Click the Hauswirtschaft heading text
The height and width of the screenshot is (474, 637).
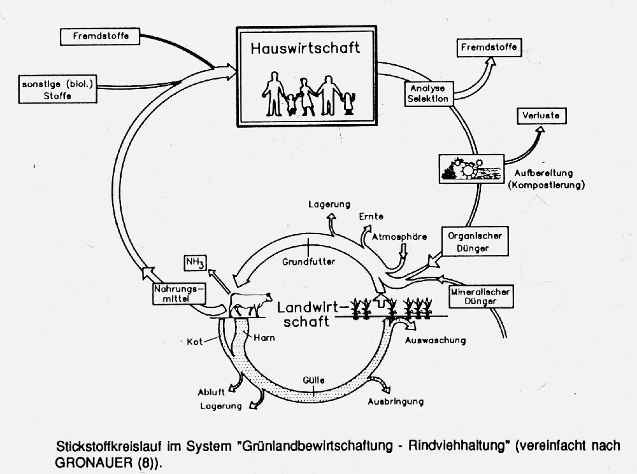pyautogui.click(x=305, y=48)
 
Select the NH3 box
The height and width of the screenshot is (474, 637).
pyautogui.click(x=196, y=263)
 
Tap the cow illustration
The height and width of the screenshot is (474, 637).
pyautogui.click(x=250, y=304)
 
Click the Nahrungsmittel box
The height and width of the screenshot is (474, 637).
pyautogui.click(x=179, y=294)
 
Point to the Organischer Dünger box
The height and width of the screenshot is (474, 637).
pyautogui.click(x=475, y=242)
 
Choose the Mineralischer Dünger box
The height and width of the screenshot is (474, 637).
pyautogui.click(x=480, y=296)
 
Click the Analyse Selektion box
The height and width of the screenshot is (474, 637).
pyautogui.click(x=429, y=94)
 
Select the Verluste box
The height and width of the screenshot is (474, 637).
pyautogui.click(x=541, y=116)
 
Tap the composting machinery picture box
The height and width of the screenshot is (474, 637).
pyautogui.click(x=471, y=169)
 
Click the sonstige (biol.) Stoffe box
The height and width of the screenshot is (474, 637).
pyautogui.click(x=58, y=89)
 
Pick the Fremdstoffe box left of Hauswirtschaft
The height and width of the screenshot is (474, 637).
pyautogui.click(x=101, y=36)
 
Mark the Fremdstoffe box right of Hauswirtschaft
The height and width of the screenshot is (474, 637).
pyautogui.click(x=489, y=48)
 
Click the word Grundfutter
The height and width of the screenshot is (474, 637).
pyautogui.click(x=309, y=261)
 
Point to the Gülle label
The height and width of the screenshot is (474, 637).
pyautogui.click(x=313, y=380)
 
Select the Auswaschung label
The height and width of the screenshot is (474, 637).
pyautogui.click(x=435, y=340)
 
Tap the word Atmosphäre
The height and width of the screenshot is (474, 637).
pyautogui.click(x=399, y=237)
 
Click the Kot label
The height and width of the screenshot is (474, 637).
pyautogui.click(x=194, y=342)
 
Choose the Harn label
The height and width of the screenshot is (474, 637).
pyautogui.click(x=264, y=338)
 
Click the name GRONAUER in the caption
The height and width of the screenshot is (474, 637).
pyautogui.click(x=94, y=463)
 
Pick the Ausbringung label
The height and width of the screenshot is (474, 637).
pyautogui.click(x=396, y=401)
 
